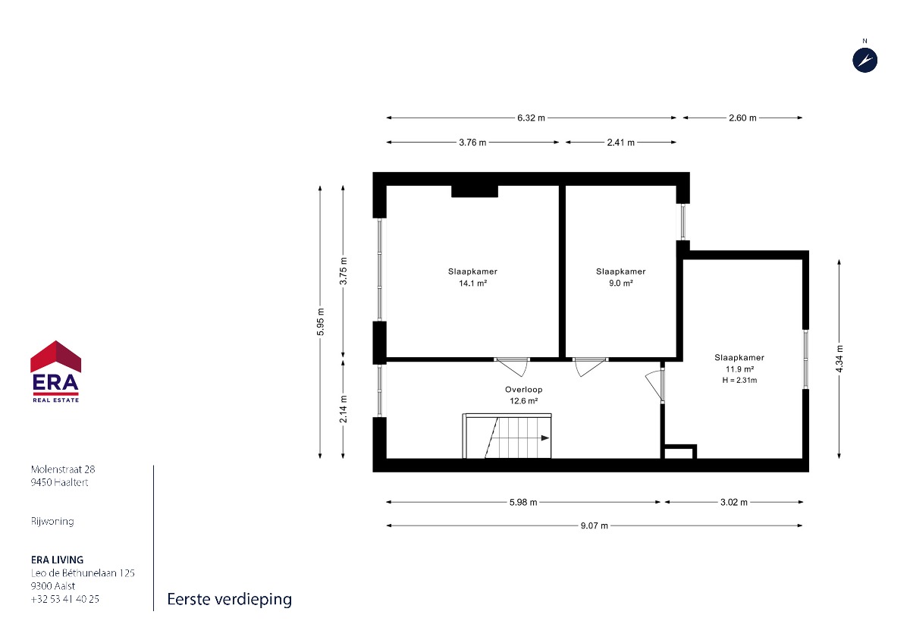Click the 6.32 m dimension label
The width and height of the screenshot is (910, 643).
click(531, 118)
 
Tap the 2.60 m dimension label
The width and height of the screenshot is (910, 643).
click(742, 118)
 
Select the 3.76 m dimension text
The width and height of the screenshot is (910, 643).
click(472, 143)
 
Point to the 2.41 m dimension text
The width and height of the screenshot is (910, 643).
click(621, 143)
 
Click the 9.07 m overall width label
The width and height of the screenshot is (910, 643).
click(595, 525)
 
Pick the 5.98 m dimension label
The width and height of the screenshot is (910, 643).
click(523, 503)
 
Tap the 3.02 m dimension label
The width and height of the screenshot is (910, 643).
click(734, 503)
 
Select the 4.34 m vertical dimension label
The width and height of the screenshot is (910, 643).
click(839, 359)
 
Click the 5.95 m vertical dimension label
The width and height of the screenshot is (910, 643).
click(321, 322)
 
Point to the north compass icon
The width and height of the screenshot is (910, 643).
click(865, 61)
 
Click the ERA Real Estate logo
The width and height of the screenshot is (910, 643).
click(55, 372)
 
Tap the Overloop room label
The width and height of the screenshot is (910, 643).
click(524, 390)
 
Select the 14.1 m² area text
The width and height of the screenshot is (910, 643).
click(473, 283)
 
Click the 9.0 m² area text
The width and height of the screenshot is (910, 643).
click(621, 283)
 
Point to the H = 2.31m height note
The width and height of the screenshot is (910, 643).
click(740, 380)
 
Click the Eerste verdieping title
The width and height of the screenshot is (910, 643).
click(230, 600)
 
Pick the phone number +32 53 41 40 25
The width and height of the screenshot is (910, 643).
click(65, 599)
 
